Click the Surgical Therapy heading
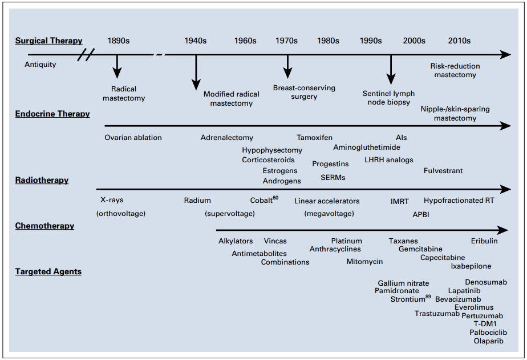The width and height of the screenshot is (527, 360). point(48,41)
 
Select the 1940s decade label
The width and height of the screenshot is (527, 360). point(195,41)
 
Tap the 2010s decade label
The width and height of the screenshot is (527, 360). point(459,41)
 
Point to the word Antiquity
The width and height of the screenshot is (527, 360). point(40,65)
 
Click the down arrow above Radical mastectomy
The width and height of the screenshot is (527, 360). point(117,67)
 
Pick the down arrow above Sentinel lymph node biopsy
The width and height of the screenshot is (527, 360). point(391,70)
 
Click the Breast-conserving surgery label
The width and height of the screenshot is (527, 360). point(304,92)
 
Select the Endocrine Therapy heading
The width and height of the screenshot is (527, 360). point(52,114)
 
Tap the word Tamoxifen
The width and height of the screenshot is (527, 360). point(315,137)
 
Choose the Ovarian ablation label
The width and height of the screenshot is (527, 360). point(133,137)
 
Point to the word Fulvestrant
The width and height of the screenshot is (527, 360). point(443,171)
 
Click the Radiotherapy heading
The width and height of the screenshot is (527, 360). point(42,180)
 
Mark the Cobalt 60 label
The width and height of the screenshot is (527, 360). point(264,199)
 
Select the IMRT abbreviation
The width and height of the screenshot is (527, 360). point(400,201)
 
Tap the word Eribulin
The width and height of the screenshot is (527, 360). point(484,241)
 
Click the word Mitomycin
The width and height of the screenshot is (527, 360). point(364,262)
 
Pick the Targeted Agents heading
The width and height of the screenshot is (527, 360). point(48,271)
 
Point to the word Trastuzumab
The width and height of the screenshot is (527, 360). point(437,314)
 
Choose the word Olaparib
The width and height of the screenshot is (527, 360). point(489,341)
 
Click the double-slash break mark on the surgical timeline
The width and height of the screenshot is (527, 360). point(86,54)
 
